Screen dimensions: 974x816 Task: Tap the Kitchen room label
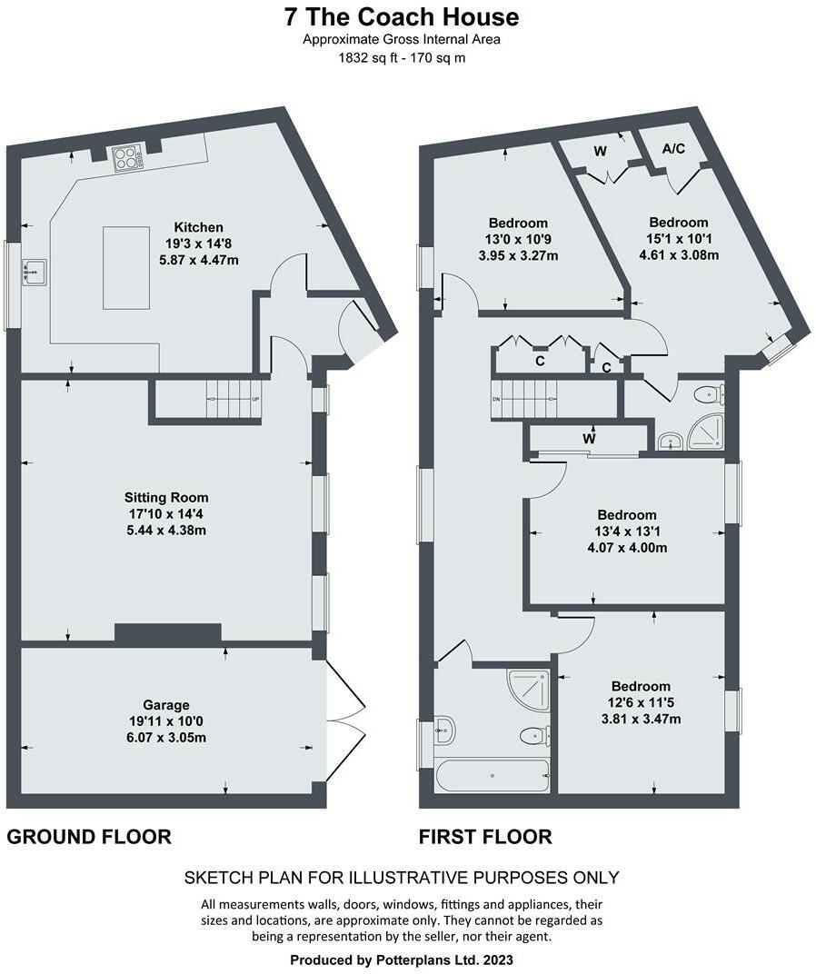[x=199, y=226]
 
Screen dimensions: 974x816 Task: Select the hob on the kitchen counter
[x=128, y=159]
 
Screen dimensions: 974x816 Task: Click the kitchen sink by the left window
[x=35, y=271]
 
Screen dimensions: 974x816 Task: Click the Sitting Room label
[x=166, y=497]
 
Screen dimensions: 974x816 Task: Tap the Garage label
[x=165, y=704]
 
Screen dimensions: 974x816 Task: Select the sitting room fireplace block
[x=168, y=633]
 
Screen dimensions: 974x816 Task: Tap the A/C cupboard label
[x=673, y=148]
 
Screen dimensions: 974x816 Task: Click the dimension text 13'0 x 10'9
[x=518, y=240]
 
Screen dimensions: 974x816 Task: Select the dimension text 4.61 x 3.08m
[x=678, y=255]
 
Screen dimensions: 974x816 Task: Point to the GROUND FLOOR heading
[x=89, y=836]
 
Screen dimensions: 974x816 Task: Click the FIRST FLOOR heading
[x=485, y=836]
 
